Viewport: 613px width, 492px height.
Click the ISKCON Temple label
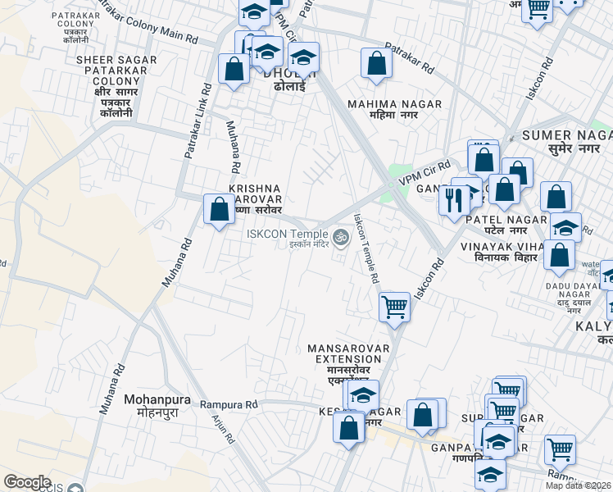tap(289, 235)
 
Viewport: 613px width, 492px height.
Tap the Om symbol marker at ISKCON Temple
tap(340, 237)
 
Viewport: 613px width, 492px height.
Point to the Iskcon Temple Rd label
tap(366, 248)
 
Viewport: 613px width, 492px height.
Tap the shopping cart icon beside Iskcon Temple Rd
tap(394, 307)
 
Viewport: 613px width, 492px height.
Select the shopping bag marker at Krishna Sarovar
tap(219, 209)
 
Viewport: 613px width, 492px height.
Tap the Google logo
tap(27, 481)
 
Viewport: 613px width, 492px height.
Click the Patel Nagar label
tap(506, 220)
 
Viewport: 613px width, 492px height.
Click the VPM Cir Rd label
tap(425, 171)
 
